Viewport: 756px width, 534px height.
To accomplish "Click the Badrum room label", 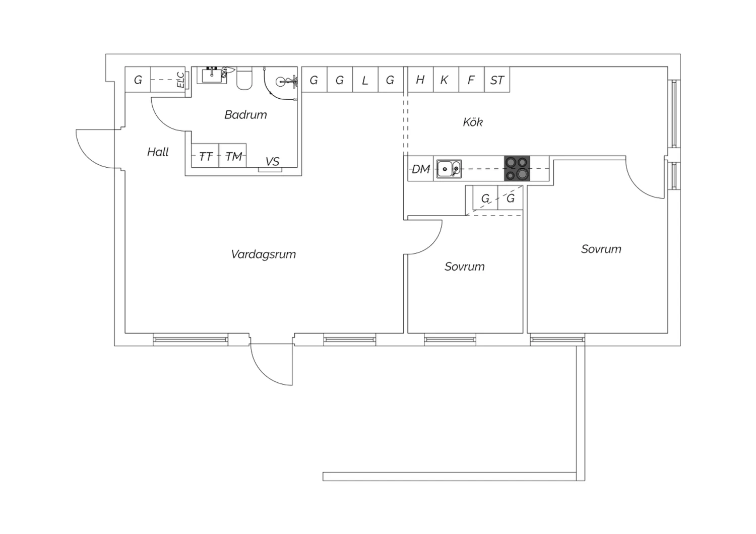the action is [245, 115].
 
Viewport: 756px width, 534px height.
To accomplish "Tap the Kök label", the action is [473, 122].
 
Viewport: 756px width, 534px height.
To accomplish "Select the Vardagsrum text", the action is [263, 254].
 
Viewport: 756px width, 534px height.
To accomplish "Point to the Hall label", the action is [158, 152].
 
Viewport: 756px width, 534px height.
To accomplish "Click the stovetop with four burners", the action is [517, 168].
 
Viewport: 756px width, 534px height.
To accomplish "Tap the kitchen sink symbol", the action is [449, 168].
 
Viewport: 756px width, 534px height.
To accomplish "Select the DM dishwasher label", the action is [421, 169].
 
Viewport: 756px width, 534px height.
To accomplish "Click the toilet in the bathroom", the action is [244, 78].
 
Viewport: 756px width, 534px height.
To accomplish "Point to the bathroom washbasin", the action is [212, 75].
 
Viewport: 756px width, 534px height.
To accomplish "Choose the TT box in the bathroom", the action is [205, 156].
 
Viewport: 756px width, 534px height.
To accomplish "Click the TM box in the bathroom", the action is [232, 156].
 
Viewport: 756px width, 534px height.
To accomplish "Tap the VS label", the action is [272, 162].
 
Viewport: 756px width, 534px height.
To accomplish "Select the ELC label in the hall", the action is [181, 80].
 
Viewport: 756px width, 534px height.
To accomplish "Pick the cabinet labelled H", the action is [420, 80].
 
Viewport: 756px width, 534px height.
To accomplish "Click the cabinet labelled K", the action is [446, 80].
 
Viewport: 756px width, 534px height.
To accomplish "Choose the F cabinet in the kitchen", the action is [471, 80].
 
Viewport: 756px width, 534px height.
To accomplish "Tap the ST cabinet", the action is [497, 80].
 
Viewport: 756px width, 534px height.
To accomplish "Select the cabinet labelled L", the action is [365, 80].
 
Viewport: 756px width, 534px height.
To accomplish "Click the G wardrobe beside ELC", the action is [138, 79].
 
